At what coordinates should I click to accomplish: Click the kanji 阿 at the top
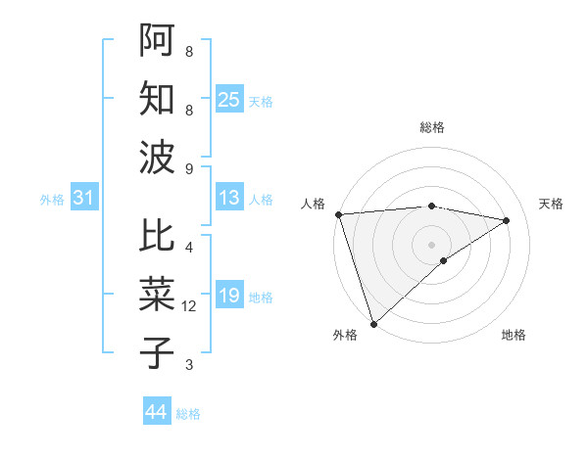[158, 41]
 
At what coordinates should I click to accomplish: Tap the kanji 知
[158, 98]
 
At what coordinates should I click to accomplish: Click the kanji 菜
[158, 295]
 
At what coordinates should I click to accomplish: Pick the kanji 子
[158, 351]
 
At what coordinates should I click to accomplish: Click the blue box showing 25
[229, 99]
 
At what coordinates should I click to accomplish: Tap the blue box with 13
[229, 199]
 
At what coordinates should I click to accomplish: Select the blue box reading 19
[229, 296]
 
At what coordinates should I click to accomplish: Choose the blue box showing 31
[84, 199]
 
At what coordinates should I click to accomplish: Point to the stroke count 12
[190, 307]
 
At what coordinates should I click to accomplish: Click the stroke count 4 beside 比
[189, 249]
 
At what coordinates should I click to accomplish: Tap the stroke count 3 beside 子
[189, 366]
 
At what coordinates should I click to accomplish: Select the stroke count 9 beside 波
[189, 168]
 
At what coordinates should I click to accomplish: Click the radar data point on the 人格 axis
[338, 214]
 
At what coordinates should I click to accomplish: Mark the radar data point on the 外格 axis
[373, 323]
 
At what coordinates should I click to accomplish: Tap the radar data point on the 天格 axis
[507, 220]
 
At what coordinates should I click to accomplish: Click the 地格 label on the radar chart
[514, 335]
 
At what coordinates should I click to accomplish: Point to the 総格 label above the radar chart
[431, 127]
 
